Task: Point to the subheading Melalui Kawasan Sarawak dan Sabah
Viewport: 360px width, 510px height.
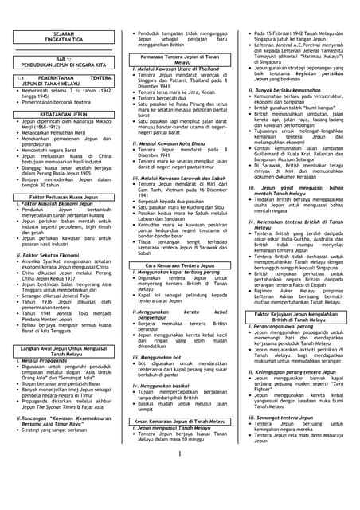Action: click(x=176, y=178)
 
